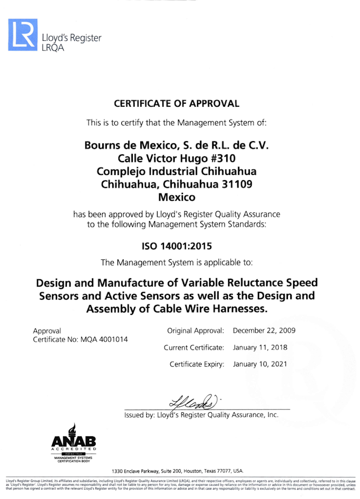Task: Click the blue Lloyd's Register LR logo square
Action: [22, 35]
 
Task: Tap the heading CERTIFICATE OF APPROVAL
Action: [177, 104]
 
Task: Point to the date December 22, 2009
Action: [264, 331]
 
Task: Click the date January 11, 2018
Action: [260, 347]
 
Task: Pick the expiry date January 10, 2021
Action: [260, 364]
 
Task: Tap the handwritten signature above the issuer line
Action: [195, 400]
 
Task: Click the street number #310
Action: [221, 158]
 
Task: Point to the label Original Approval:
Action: [196, 331]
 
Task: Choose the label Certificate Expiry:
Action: [197, 364]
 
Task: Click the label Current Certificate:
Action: [194, 347]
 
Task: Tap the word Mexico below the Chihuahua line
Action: [177, 197]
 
